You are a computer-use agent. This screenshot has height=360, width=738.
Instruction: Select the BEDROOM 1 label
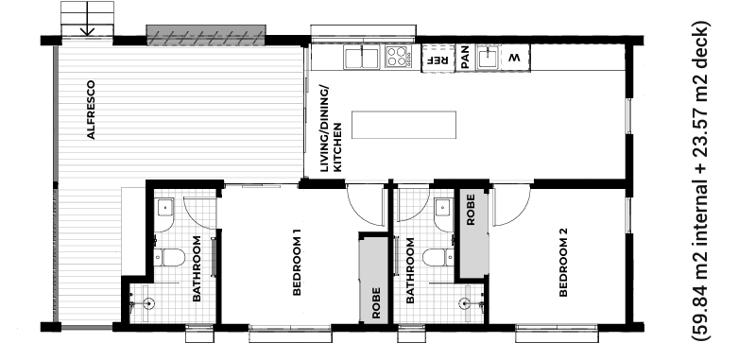tap(296, 263)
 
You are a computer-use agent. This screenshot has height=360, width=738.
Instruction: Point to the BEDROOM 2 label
tap(563, 263)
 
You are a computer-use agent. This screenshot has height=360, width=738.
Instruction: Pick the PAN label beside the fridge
tap(465, 59)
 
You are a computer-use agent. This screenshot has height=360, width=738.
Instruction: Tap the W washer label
tap(515, 59)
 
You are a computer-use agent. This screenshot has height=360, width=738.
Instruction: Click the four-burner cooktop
tap(398, 58)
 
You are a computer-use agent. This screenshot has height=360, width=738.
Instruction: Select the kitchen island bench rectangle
tap(403, 125)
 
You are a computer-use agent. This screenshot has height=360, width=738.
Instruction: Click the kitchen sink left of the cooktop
tap(361, 59)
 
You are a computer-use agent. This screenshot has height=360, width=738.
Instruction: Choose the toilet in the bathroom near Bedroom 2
tap(436, 257)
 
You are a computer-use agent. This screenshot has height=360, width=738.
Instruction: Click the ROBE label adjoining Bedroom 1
tap(376, 310)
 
